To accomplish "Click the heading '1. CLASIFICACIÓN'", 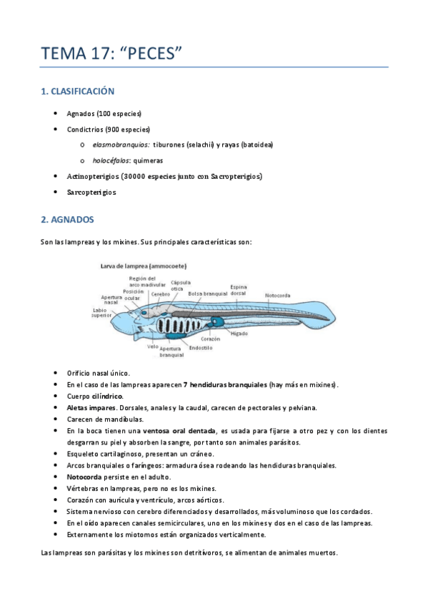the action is (78, 92).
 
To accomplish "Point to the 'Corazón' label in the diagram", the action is (210, 339).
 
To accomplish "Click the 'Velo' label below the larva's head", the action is (152, 346).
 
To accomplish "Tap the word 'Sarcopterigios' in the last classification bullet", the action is (91, 192).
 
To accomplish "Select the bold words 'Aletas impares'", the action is (89, 407).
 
